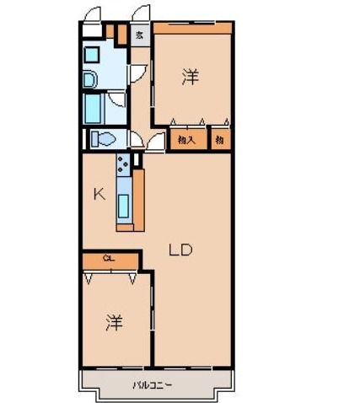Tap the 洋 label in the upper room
tap(191, 78)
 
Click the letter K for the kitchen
tap(99, 195)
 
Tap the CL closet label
tap(109, 258)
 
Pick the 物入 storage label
tap(187, 141)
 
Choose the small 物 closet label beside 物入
tap(218, 141)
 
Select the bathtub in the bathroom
tap(94, 109)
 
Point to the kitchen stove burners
tap(124, 162)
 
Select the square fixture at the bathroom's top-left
tap(91, 53)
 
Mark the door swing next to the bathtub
tap(117, 105)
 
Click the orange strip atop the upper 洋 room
tap(191, 26)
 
